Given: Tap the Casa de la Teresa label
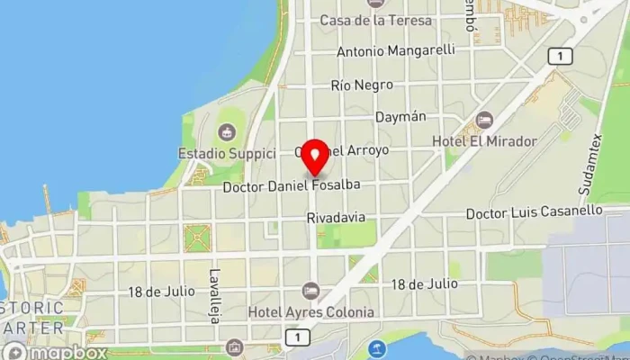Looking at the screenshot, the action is (x=375, y=20).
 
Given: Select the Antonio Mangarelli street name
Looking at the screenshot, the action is (x=396, y=51).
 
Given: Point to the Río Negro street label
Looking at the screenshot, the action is (x=362, y=85).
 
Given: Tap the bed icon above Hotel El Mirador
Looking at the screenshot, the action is (x=484, y=121).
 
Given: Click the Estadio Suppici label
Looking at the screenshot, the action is (x=227, y=153).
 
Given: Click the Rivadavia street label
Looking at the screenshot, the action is (x=336, y=218).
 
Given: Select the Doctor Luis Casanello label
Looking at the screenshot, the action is (x=534, y=212).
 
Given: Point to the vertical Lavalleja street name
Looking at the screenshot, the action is (x=215, y=288).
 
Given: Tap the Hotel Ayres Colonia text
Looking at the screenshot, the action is (x=310, y=312).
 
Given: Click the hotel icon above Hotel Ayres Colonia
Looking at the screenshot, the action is (x=310, y=291).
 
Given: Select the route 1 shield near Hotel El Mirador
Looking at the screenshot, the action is (x=560, y=57).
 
